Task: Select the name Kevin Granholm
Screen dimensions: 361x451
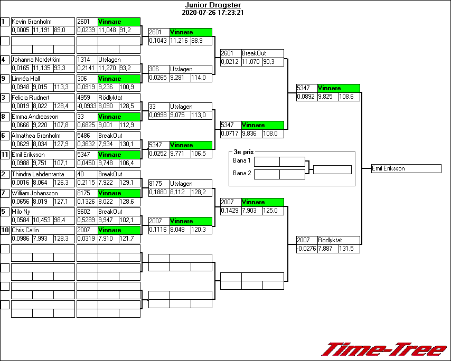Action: pos(32,22)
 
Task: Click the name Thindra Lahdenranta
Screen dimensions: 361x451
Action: pos(37,174)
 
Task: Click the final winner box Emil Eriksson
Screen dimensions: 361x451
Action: pos(406,169)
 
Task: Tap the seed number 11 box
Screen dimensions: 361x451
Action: pos(5,155)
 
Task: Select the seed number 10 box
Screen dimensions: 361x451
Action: pos(5,231)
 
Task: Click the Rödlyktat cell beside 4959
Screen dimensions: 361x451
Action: pos(118,98)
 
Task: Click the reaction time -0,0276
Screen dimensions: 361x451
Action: pos(306,249)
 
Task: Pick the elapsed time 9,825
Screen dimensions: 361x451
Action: pos(327,97)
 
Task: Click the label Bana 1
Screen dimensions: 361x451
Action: pos(241,160)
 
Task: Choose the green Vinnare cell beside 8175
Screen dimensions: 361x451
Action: pos(118,193)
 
